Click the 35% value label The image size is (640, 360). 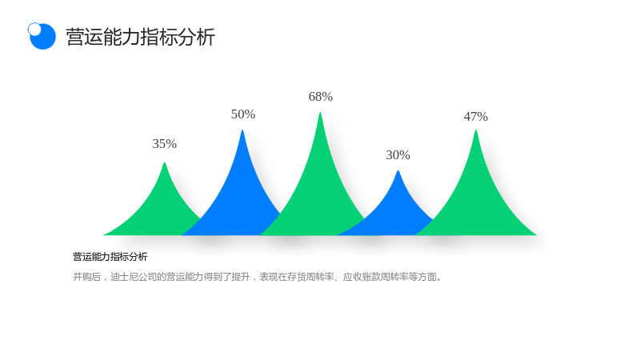[165, 144]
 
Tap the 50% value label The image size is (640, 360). [243, 114]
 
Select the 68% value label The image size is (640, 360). [321, 97]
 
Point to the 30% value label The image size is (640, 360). [398, 155]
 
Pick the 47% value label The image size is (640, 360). [475, 117]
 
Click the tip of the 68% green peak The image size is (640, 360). [321, 112]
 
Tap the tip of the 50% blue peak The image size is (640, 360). [242, 130]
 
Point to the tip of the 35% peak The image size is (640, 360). [165, 163]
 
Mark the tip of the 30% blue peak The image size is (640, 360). [398, 171]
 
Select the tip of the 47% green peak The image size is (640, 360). [475, 130]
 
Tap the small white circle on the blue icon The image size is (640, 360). [34, 29]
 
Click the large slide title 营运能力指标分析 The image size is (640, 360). [141, 37]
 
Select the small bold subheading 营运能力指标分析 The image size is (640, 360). [110, 257]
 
